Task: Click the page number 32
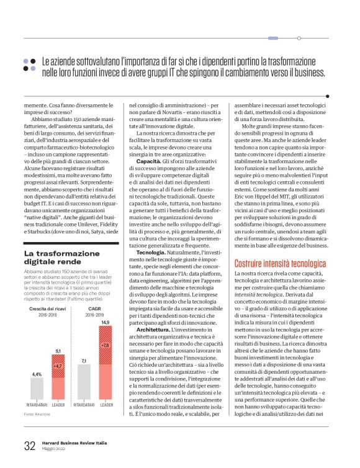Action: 29,446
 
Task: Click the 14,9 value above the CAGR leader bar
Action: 105,322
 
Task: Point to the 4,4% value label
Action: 37,374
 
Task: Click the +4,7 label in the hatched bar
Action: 58,366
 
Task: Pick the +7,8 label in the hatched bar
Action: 105,344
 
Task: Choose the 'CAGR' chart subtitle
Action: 94,308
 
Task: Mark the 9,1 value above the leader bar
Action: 58,351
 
